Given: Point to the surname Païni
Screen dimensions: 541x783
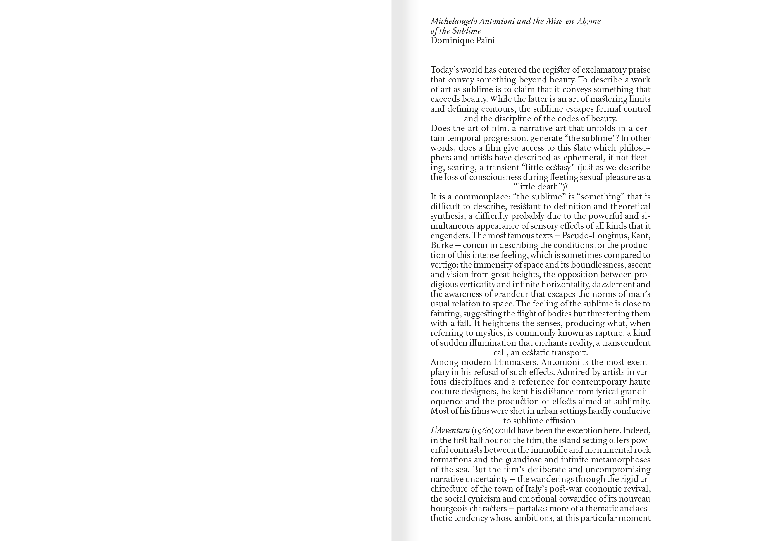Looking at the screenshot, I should point(484,41).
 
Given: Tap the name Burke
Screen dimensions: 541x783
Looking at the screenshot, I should point(442,245).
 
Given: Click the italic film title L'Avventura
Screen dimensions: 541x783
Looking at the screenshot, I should point(450,431).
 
